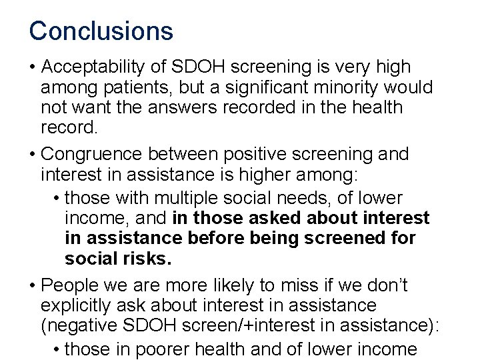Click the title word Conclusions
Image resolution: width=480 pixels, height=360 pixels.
click(101, 31)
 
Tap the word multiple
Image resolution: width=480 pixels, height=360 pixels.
click(195, 197)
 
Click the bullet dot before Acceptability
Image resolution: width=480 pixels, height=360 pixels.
click(32, 68)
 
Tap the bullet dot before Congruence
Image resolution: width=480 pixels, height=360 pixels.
click(32, 155)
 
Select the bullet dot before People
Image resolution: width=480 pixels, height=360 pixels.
click(32, 285)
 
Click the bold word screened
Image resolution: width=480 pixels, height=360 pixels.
click(365, 238)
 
